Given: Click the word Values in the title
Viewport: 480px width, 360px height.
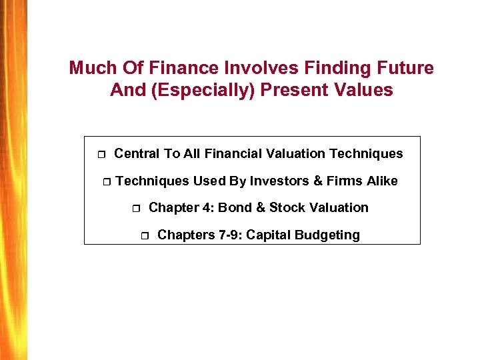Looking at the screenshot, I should pyautogui.click(x=363, y=90).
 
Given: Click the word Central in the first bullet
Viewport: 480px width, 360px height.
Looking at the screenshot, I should pyautogui.click(x=137, y=154).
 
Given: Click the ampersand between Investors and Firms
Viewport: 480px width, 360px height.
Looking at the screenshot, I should pyautogui.click(x=317, y=181).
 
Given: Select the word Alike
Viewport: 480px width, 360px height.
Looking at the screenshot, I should pyautogui.click(x=380, y=181).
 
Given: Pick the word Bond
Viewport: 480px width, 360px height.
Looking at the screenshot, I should pyautogui.click(x=234, y=207).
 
